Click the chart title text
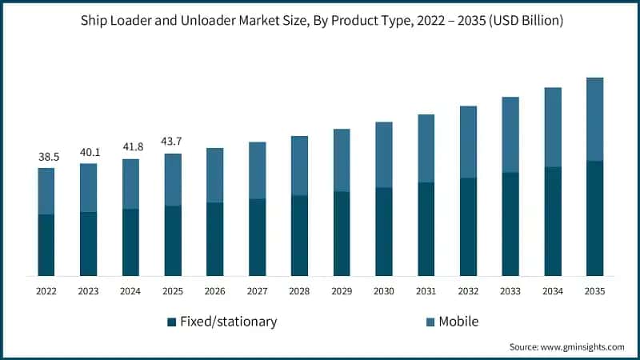pyautogui.click(x=320, y=21)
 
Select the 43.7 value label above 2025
pyautogui.click(x=173, y=142)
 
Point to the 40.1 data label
pyautogui.click(x=89, y=152)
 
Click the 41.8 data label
pyautogui.click(x=130, y=147)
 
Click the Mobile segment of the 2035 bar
pyautogui.click(x=594, y=119)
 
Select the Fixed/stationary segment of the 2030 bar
pyautogui.click(x=384, y=232)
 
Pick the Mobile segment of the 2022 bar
pyautogui.click(x=46, y=191)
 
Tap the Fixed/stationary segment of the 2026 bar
pyautogui.click(x=215, y=239)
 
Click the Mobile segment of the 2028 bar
pyautogui.click(x=299, y=166)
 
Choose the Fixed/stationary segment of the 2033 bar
pyautogui.click(x=510, y=224)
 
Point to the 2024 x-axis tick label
pyautogui.click(x=130, y=292)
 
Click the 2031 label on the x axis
pyautogui.click(x=426, y=292)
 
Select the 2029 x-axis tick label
pyautogui.click(x=342, y=292)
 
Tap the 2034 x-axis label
pyautogui.click(x=552, y=292)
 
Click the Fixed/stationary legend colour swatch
pyautogui.click(x=171, y=322)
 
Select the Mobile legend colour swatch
pyautogui.click(x=430, y=322)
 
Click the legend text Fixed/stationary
pyautogui.click(x=228, y=322)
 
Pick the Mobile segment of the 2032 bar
pyautogui.click(x=468, y=142)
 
